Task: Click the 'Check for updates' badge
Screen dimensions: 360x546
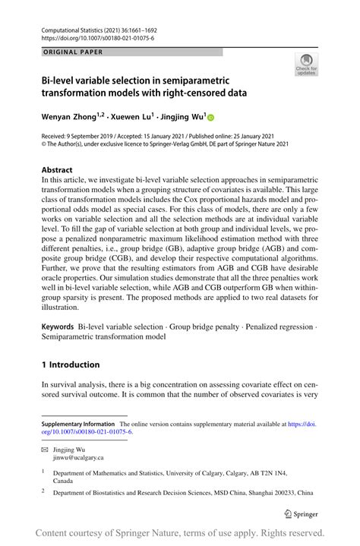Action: pyautogui.click(x=306, y=65)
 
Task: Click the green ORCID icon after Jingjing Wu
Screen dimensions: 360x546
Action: pyautogui.click(x=211, y=118)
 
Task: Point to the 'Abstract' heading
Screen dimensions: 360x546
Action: pyautogui.click(x=57, y=169)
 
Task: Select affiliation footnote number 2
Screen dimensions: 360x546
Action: pyautogui.click(x=43, y=492)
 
